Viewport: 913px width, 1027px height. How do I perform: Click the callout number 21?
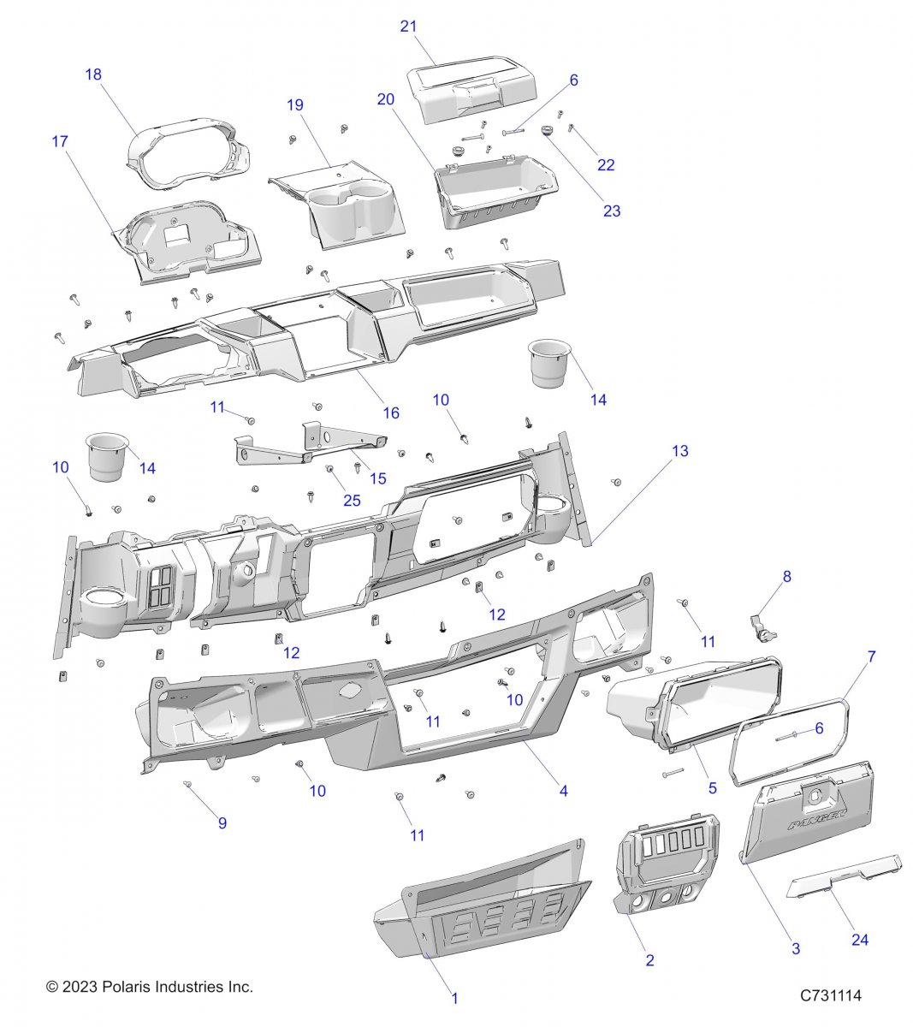[x=408, y=27]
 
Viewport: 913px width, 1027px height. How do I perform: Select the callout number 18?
[x=93, y=74]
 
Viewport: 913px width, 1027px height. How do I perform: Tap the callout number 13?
[x=679, y=451]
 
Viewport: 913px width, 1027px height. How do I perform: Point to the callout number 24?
[x=859, y=940]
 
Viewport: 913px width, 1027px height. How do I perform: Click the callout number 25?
[x=352, y=501]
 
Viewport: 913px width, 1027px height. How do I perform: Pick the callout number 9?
[x=222, y=823]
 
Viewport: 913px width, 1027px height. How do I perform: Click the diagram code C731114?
[x=830, y=995]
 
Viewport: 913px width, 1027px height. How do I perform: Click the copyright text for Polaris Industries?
[x=150, y=987]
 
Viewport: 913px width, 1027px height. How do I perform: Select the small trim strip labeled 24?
[x=843, y=875]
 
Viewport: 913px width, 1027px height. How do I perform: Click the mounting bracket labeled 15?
[x=308, y=443]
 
